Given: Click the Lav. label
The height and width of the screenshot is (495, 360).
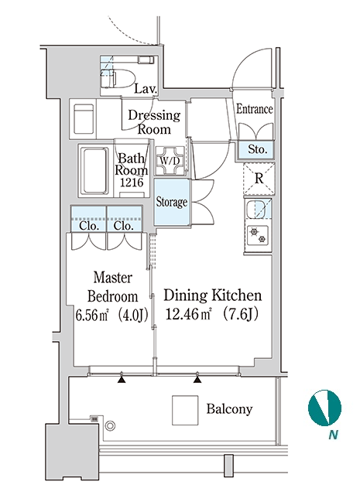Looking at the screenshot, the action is tap(146, 89).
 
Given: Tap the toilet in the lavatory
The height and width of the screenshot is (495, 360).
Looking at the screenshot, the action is tap(117, 80).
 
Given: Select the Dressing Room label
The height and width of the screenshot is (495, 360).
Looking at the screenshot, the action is tap(154, 122).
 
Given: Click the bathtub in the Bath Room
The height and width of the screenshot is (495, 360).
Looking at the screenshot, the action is tap(94, 170).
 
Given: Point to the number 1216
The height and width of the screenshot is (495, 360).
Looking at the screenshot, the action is tap(132, 183).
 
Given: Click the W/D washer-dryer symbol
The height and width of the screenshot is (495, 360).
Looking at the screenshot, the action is tap(170, 161).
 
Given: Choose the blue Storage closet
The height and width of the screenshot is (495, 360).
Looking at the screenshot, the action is tap(172, 202).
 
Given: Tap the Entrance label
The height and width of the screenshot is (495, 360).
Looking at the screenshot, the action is tap(255, 109).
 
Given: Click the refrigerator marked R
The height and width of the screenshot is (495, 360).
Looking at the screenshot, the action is tap(259, 179).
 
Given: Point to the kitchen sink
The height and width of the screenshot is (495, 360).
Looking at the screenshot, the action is tap(259, 210).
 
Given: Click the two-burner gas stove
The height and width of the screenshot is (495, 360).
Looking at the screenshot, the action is tap(258, 235).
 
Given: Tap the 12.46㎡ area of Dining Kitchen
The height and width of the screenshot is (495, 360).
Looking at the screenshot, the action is tap(188, 315).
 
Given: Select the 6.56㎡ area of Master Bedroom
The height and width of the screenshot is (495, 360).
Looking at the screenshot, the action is tap(92, 315).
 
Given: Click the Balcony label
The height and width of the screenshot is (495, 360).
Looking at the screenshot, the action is tap(229, 409).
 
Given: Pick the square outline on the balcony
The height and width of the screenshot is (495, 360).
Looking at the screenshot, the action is tap(185, 411).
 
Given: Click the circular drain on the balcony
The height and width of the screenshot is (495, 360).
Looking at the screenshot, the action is tap(110, 426).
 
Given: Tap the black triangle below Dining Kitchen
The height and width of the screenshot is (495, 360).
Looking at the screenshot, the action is tap(197, 379).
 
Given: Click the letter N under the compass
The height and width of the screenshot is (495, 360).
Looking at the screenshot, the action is tap(333, 435).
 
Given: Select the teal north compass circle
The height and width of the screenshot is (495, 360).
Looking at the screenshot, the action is tap(324, 408).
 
